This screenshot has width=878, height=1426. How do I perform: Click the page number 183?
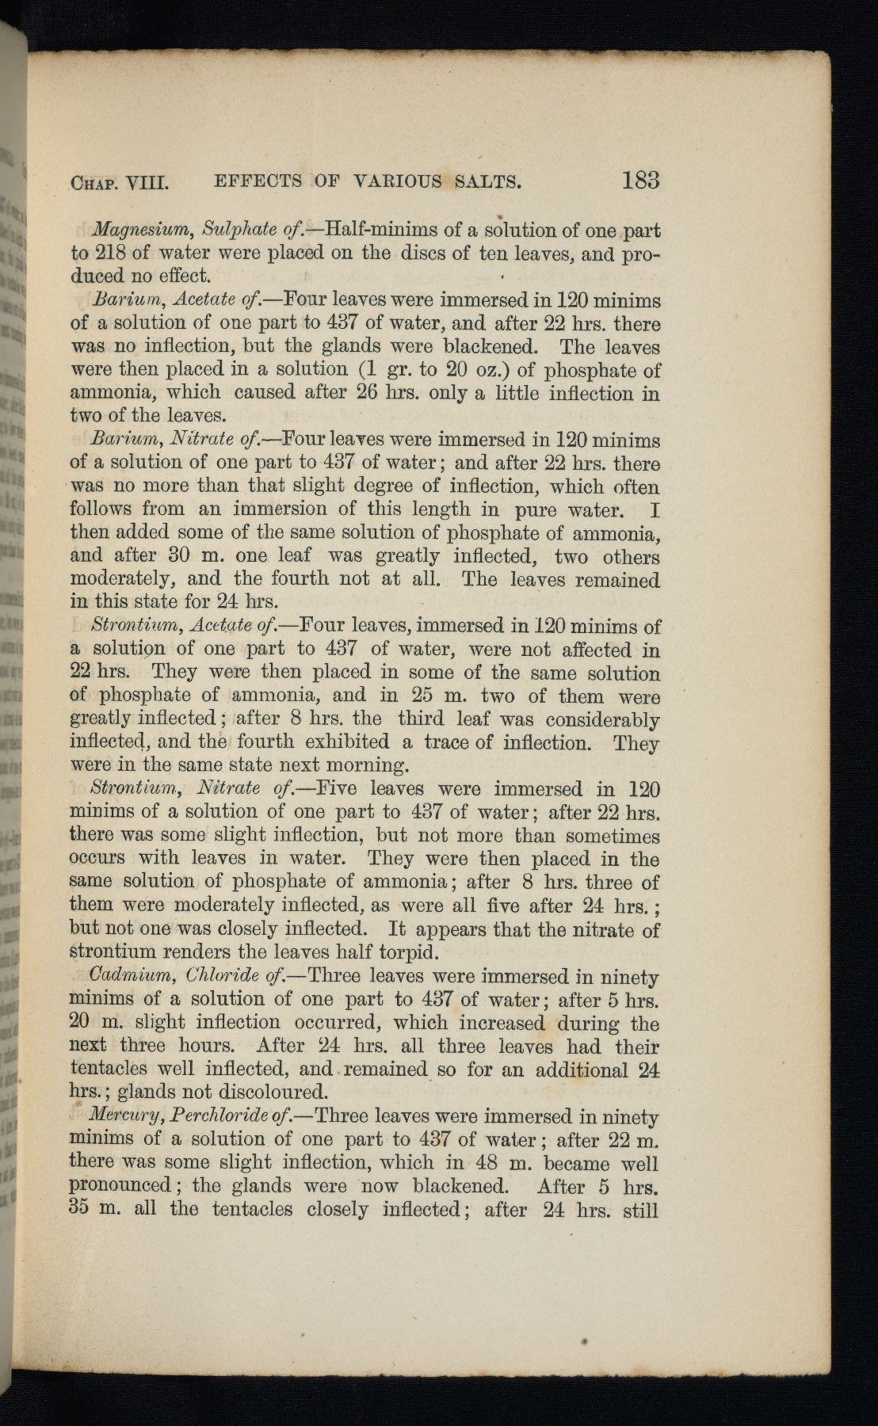(640, 181)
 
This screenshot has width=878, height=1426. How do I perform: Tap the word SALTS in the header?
(487, 182)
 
